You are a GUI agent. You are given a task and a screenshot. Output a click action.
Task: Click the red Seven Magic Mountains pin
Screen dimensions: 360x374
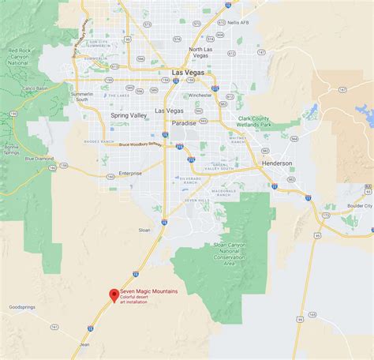coord(114,296)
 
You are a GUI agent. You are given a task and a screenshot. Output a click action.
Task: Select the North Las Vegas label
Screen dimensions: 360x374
coord(200,54)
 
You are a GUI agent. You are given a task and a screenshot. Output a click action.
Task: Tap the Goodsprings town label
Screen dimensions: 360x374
coord(22,306)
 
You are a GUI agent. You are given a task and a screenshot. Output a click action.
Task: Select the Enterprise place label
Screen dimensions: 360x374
coord(129,173)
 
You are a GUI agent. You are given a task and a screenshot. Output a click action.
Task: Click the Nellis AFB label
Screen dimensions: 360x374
coord(249,23)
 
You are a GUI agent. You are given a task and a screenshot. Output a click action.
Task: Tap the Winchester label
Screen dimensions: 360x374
coord(200,96)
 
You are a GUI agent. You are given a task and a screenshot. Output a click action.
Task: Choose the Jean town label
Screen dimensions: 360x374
coord(84,344)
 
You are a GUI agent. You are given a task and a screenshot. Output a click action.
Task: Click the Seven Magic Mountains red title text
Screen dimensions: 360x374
coord(148,292)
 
